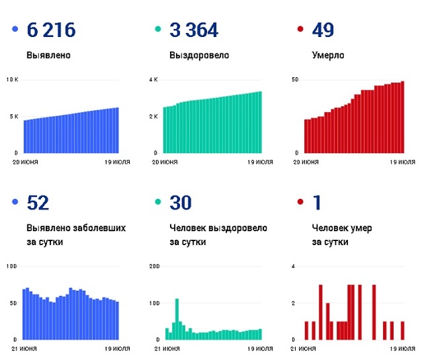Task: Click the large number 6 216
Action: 51,30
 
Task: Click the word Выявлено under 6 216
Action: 49,55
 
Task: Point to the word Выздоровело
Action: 199,55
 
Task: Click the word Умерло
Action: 328,55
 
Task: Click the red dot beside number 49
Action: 300,30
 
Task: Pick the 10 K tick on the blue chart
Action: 12,80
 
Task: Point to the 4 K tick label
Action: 153,80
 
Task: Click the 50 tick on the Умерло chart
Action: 294,80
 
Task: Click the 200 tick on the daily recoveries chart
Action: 154,267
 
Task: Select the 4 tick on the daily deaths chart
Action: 294,267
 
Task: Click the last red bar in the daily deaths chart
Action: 402,330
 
